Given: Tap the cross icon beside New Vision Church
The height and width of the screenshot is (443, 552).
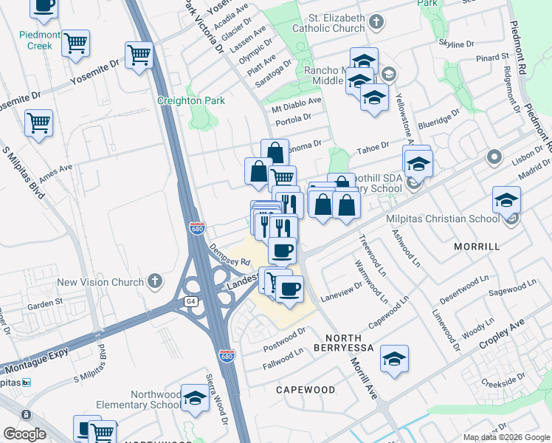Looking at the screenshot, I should coord(154,281).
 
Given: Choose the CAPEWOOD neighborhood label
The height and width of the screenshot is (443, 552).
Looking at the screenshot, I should coord(306,389).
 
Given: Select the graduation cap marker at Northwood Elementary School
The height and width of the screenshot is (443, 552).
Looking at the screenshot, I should coord(195,398).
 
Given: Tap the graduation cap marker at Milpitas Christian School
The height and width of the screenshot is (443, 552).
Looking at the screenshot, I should coord(506,200).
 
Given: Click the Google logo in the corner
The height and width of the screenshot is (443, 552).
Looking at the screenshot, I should coord(24,434).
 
